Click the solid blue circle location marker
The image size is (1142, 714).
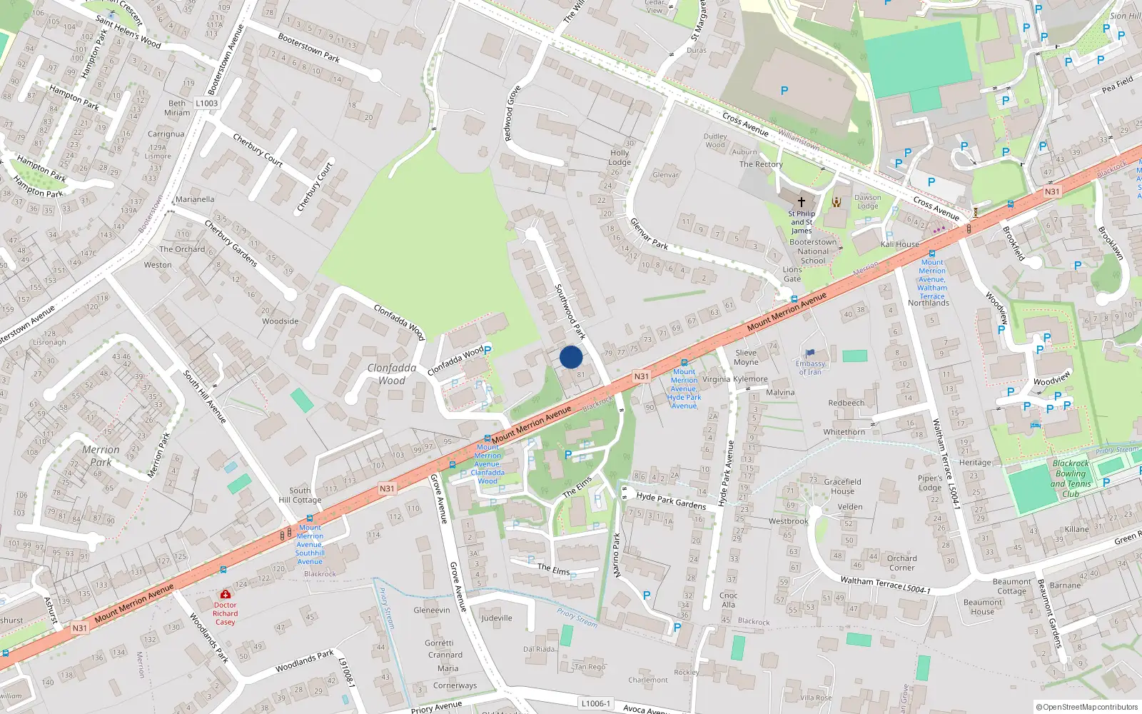571,357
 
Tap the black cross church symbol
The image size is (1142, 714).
801,202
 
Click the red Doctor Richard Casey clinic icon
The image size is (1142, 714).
226,594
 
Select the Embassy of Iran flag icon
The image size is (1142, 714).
810,353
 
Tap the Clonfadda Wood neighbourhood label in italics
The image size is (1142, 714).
392,374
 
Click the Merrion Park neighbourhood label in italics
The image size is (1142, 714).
101,456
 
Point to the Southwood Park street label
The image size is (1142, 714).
570,311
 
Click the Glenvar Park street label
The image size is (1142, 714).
649,233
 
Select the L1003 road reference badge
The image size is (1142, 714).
206,103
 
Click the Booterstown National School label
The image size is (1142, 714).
813,251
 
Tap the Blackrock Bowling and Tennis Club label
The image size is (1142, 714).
1071,478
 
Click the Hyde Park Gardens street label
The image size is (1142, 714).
671,501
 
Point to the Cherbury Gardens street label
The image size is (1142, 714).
231,243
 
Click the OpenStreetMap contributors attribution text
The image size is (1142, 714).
1087,707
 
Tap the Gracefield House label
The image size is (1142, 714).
842,486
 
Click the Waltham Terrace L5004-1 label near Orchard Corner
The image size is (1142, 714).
885,585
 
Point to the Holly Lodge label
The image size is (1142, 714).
620,157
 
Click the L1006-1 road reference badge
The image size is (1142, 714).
595,703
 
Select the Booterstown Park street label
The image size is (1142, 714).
308,47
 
